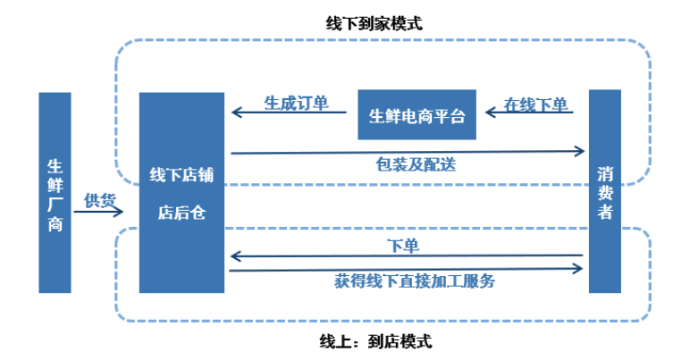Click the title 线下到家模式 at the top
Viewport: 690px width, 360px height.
[x=374, y=24]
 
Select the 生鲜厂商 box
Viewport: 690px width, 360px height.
[x=55, y=192]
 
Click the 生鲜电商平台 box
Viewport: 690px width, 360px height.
[x=417, y=114]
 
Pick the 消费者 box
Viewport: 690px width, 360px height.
[x=605, y=191]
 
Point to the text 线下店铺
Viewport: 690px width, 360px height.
[x=181, y=173]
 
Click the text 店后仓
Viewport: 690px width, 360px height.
[x=181, y=213]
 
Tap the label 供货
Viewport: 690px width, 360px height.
[x=99, y=199]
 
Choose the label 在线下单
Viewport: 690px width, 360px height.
[x=535, y=104]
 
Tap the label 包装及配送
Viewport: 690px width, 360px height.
[x=410, y=165]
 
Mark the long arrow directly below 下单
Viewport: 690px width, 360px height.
[x=407, y=257]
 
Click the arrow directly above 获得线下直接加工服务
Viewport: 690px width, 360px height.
[x=407, y=270]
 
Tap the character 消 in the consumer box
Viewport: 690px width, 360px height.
[x=605, y=172]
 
